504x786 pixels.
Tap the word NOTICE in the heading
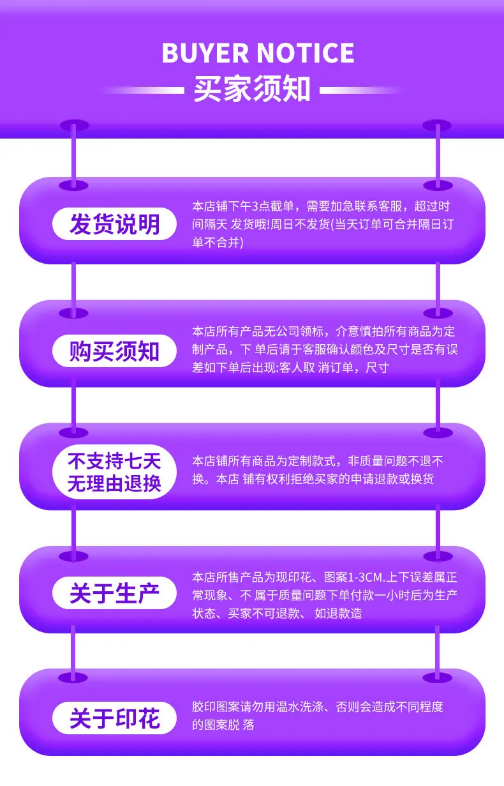pyautogui.click(x=306, y=54)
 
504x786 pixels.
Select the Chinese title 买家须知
pyautogui.click(x=252, y=89)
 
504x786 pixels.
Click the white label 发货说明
pyautogui.click(x=114, y=224)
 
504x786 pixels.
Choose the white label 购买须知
pyautogui.click(x=114, y=351)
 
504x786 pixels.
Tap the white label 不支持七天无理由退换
pyautogui.click(x=114, y=472)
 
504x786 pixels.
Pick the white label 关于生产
pyautogui.click(x=114, y=593)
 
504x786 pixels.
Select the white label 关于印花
pyautogui.click(x=114, y=718)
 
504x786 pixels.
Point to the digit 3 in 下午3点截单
pyautogui.click(x=255, y=206)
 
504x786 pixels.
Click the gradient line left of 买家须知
pyautogui.click(x=144, y=91)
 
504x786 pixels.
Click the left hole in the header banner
pyautogui.click(x=74, y=125)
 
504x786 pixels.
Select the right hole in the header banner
pyautogui.click(x=437, y=125)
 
